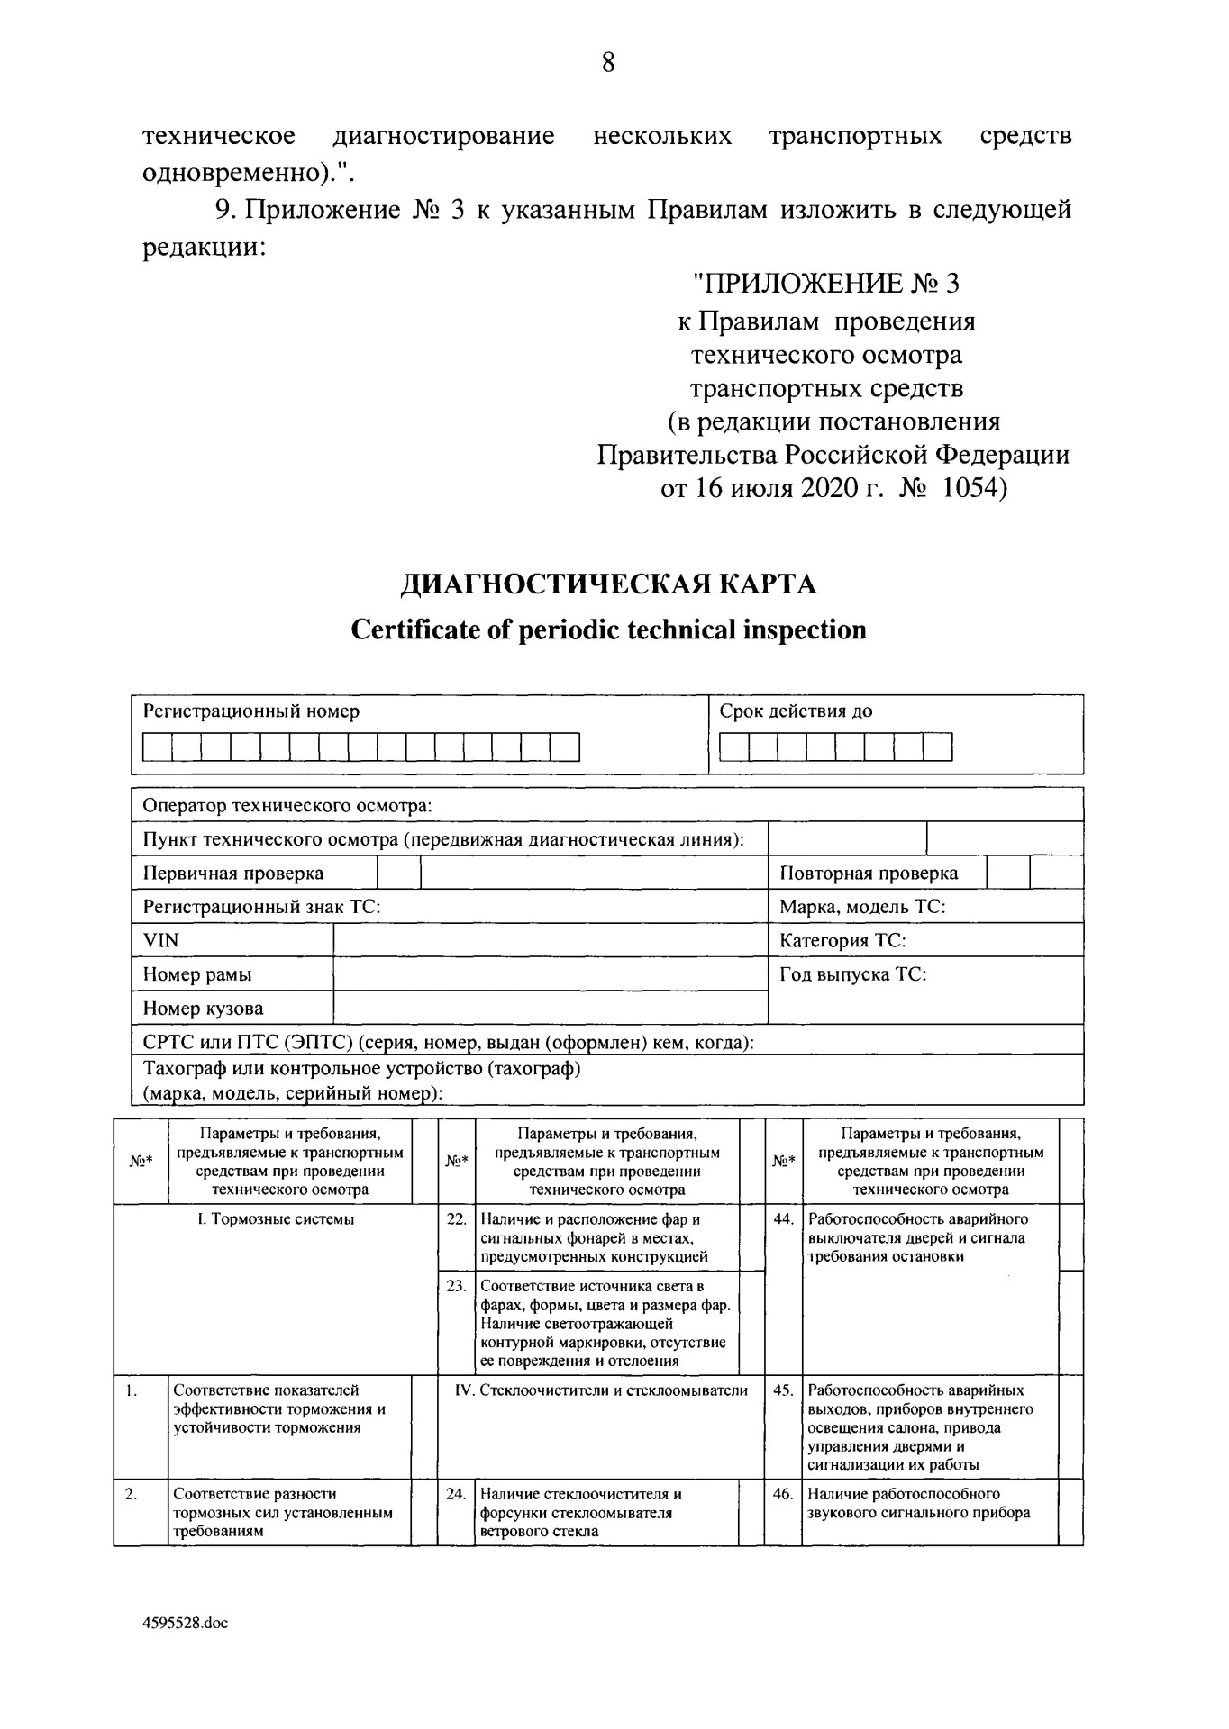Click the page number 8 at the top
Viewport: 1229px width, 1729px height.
(608, 64)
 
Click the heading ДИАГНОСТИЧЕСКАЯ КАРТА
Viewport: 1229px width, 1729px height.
(608, 584)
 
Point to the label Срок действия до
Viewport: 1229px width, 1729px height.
(796, 711)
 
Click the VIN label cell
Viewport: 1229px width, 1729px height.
(161, 941)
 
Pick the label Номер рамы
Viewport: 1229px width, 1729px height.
(197, 974)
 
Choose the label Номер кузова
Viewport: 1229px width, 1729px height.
(203, 1009)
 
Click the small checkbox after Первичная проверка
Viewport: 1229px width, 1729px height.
(398, 873)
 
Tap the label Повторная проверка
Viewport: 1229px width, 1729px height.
(869, 874)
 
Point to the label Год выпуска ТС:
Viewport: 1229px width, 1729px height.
(852, 974)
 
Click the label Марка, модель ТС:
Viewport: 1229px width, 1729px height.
(862, 907)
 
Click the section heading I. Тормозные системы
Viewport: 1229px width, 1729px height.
(276, 1219)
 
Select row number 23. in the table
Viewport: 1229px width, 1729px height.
(456, 1286)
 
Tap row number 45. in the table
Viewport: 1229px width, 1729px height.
(783, 1390)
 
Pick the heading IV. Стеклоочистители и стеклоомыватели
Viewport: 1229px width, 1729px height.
(602, 1390)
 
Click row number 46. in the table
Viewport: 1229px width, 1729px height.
(783, 1494)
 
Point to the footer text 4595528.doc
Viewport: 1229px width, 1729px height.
(186, 1624)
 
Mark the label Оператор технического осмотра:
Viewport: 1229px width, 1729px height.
(287, 805)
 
